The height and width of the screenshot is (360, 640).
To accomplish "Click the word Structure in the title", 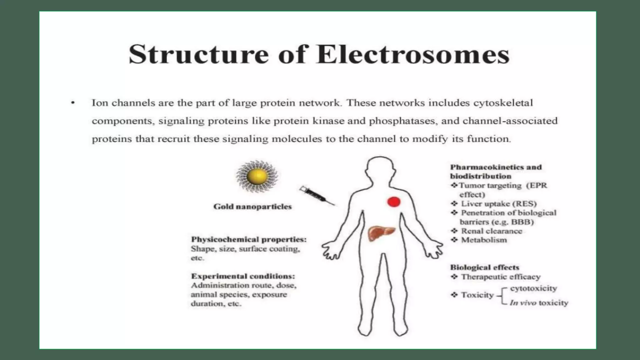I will pyautogui.click(x=199, y=55).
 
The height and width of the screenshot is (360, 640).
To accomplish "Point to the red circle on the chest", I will pyautogui.click(x=394, y=202).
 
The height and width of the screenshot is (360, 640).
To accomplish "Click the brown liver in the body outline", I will pyautogui.click(x=381, y=233).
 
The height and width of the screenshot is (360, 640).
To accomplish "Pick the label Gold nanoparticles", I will pyautogui.click(x=252, y=207).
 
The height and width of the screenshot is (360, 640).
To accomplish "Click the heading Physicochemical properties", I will pyautogui.click(x=249, y=239).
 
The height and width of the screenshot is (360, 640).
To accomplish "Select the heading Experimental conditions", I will pyautogui.click(x=243, y=276).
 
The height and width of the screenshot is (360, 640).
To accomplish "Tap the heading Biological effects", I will pyautogui.click(x=484, y=267).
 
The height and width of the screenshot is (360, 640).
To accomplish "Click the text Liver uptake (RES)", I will pyautogui.click(x=499, y=204).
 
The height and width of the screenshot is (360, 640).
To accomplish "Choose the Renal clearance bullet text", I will pyautogui.click(x=492, y=231).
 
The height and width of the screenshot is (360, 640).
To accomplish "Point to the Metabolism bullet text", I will pyautogui.click(x=484, y=240).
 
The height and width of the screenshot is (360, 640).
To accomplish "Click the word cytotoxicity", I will pyautogui.click(x=533, y=288).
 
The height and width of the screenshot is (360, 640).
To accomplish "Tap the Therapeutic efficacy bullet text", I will pyautogui.click(x=501, y=277).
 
